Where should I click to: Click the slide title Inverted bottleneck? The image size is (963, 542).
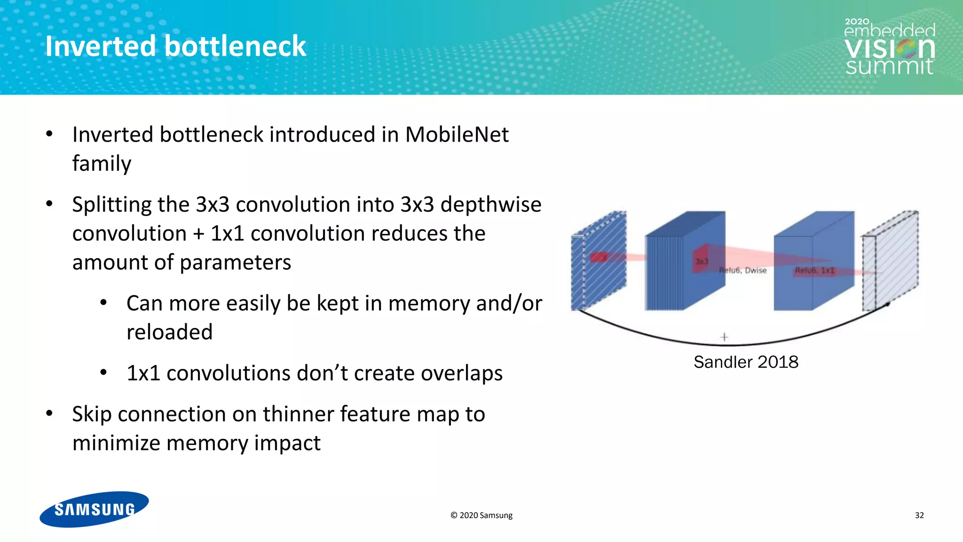tap(175, 46)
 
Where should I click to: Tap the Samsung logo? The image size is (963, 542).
tap(94, 509)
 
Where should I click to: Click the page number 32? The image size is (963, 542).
tap(919, 515)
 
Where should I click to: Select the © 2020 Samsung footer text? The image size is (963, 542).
tap(481, 515)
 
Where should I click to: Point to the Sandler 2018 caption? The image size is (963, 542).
tap(746, 362)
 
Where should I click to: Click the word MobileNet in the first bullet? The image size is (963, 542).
tap(457, 135)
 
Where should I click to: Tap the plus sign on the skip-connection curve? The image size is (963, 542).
tap(724, 337)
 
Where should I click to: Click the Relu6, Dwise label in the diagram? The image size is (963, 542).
tap(743, 271)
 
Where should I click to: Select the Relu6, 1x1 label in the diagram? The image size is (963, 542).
tap(814, 271)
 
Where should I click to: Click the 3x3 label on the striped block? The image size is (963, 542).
tap(701, 261)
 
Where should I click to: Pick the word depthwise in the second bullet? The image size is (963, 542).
tap(491, 205)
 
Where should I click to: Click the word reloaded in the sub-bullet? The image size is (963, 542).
tap(169, 332)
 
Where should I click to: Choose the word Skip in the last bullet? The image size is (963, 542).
tap(92, 414)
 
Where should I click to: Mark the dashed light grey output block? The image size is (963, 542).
tap(890, 261)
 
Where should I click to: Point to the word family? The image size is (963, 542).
tap(102, 164)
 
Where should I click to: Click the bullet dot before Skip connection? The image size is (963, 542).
tap(49, 414)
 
